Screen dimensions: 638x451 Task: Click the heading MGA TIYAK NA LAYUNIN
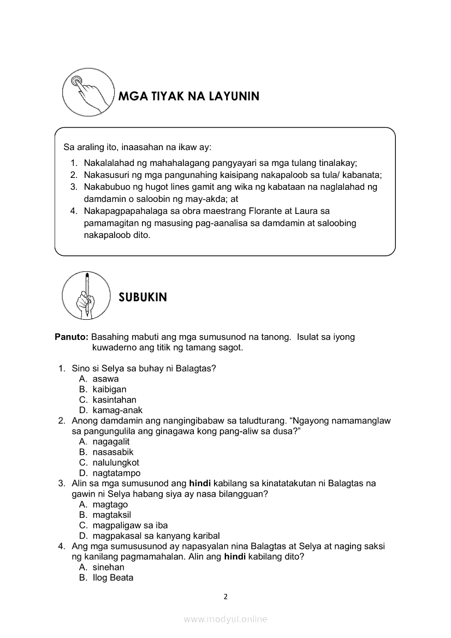point(189,97)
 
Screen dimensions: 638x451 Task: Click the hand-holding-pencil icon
point(86,295)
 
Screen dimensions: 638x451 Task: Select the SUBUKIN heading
point(143,297)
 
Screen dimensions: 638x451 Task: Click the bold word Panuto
point(72,337)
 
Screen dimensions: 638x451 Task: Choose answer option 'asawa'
point(105,379)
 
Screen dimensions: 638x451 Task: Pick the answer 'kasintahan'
point(114,400)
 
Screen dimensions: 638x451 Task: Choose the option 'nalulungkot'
point(116,462)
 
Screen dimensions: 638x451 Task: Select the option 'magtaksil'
point(111,515)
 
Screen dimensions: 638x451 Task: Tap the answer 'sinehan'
point(108,567)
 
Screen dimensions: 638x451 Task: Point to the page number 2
point(226,597)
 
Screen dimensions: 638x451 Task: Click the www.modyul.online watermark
point(226,619)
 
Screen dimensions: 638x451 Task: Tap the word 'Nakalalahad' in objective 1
point(111,163)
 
